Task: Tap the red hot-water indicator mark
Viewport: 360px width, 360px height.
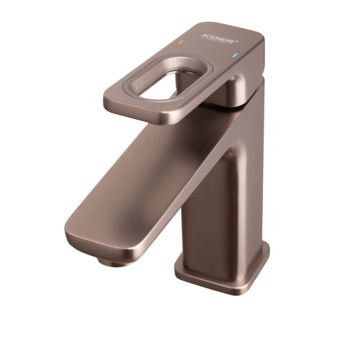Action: tap(180, 43)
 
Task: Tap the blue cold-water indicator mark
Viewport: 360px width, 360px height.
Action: tap(235, 56)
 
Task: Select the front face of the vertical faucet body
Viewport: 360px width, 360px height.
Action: tap(207, 207)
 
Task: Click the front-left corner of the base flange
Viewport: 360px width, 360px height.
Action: tap(180, 272)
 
